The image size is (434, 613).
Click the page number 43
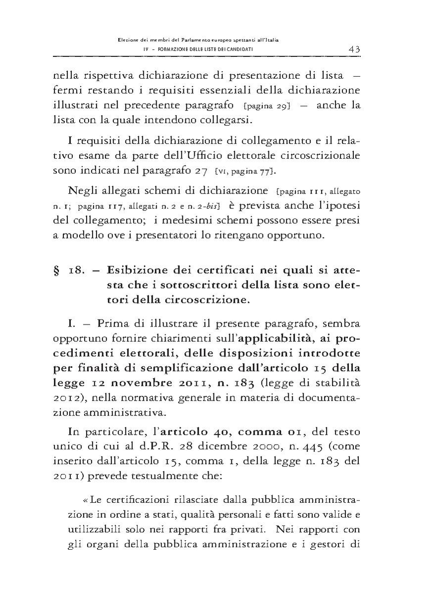pos(353,48)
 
